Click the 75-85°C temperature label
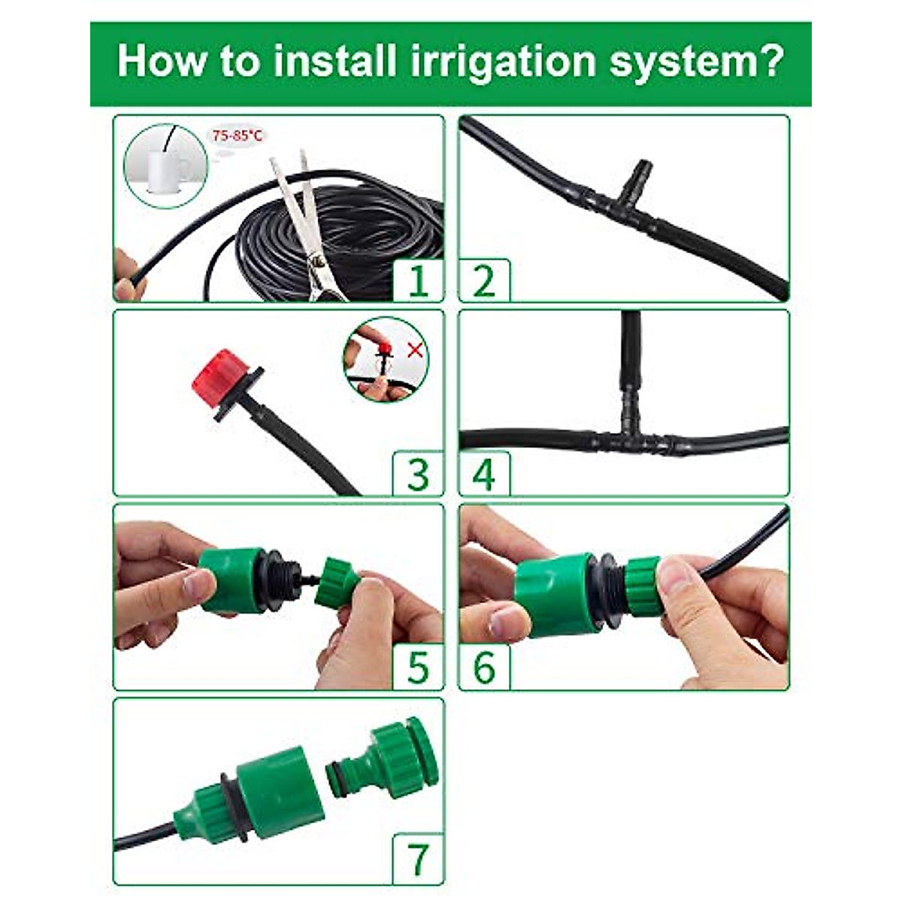[x=237, y=136]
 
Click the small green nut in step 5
[x=337, y=580]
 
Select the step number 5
[x=418, y=667]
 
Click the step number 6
[x=484, y=667]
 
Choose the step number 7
[x=418, y=859]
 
